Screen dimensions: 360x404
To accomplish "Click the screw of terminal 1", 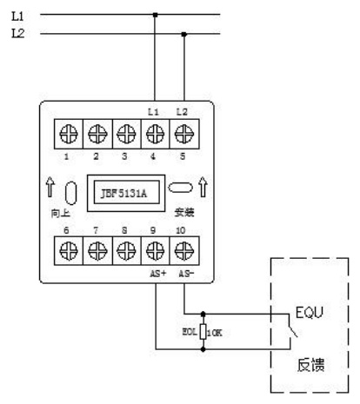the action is pos(69,134).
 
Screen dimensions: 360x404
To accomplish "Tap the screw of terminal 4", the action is pos(155,134).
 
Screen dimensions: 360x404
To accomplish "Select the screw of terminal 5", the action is pos(184,134).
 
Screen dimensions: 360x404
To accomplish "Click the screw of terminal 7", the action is pos(97,251).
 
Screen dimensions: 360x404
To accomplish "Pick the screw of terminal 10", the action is pos(184,251).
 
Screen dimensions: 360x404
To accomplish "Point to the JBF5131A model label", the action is pos(123,193).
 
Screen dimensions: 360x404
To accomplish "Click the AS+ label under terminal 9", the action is pos(158,274).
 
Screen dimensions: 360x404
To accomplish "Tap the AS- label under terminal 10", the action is pos(186,274).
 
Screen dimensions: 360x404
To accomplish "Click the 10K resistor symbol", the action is pos(203,332).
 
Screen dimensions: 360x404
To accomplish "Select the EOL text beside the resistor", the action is pos(190,332).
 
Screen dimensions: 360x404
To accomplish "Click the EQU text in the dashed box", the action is pos(310,313).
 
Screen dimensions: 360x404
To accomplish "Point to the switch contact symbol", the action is pos(292,328).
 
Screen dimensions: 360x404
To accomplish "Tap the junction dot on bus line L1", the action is pos(156,15).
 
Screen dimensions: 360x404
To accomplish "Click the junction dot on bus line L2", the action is pos(183,34).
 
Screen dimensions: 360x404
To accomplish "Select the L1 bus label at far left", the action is pos(17,17).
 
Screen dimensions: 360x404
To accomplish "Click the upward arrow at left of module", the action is pos(50,187).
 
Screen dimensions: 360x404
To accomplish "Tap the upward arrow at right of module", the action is pos(203,187).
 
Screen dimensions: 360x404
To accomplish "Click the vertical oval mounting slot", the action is pos(71,193).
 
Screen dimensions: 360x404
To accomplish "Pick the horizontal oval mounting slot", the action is pos(180,188).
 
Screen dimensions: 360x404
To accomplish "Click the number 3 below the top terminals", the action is pos(124,156).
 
